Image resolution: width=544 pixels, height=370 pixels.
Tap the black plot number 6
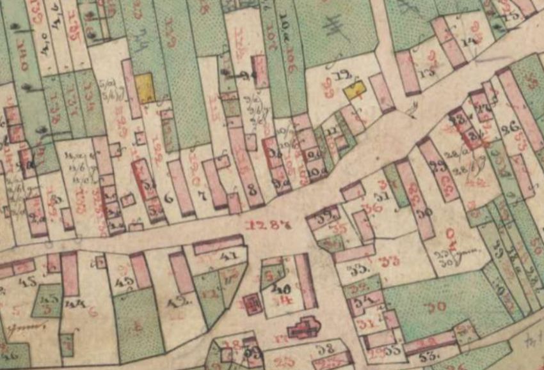pos(169,199)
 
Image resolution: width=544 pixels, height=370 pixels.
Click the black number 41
pos(228,258)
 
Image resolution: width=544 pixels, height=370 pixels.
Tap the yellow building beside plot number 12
pos(353,90)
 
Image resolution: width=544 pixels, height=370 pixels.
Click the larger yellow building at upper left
pos(145,88)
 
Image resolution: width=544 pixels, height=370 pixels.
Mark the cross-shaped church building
pos(305,328)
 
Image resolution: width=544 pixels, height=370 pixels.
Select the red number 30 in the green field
pos(437,307)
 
